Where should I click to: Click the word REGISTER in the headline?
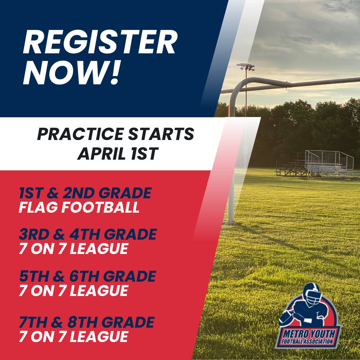[100, 42]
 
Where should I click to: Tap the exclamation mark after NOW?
[114, 72]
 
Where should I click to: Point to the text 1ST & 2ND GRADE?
[85, 193]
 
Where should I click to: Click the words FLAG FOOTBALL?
[79, 207]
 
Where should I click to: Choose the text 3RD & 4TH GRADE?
[88, 234]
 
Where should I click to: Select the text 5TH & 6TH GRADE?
[87, 276]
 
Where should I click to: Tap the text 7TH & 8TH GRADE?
[87, 322]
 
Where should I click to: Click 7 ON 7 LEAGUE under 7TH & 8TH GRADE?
[73, 337]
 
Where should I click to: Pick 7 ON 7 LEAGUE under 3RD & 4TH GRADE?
[73, 249]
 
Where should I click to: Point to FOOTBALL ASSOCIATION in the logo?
[307, 341]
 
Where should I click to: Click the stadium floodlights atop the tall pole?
[246, 67]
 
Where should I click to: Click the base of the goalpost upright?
[230, 222]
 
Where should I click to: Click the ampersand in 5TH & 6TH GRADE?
[59, 276]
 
